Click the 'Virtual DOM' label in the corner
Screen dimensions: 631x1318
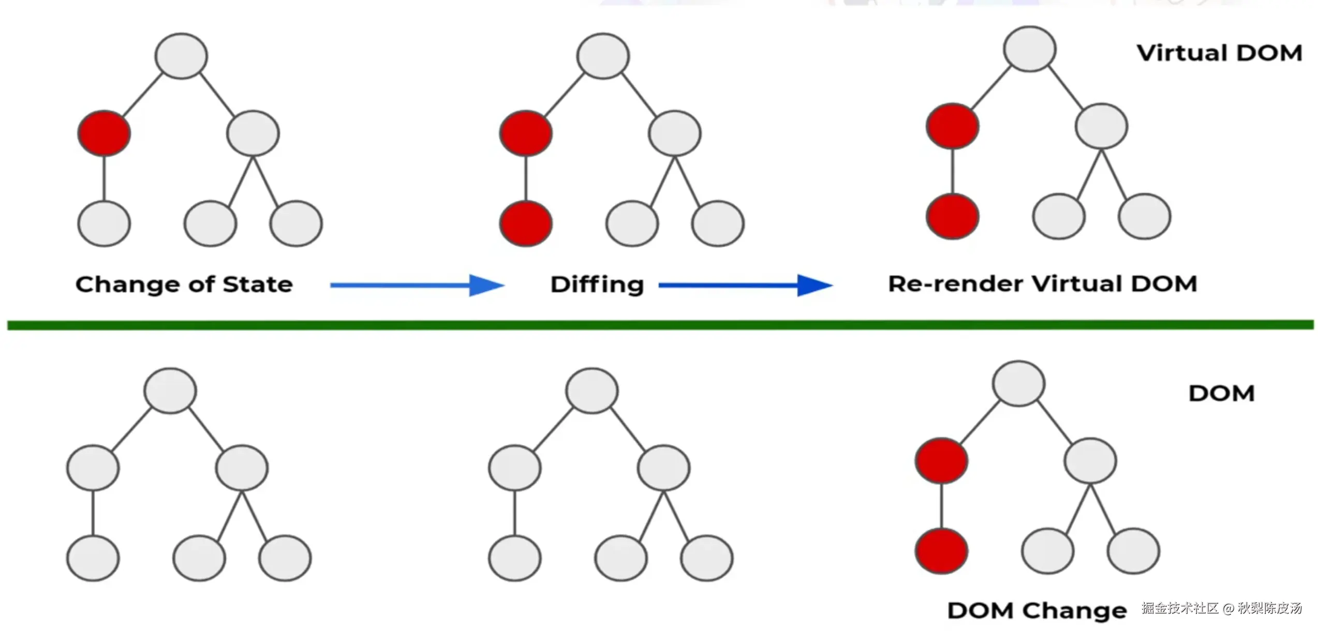click(1219, 53)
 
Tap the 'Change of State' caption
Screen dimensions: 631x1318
click(184, 284)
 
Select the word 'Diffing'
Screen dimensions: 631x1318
click(597, 284)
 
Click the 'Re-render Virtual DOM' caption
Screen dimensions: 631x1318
click(1042, 284)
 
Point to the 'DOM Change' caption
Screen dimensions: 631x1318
click(1036, 611)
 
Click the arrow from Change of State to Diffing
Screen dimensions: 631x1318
click(417, 285)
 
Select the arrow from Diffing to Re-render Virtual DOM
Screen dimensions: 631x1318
click(745, 285)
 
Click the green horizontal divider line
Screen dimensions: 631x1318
click(660, 325)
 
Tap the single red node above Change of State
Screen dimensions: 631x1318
click(104, 133)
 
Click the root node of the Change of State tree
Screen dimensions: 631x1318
click(181, 56)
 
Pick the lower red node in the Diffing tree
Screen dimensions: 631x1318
click(526, 223)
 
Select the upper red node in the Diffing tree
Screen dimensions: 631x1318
click(526, 133)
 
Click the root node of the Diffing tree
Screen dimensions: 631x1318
click(603, 56)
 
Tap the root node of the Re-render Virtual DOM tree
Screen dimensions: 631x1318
click(1029, 49)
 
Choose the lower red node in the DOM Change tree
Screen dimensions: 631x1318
click(941, 551)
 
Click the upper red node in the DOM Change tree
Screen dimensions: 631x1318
click(941, 461)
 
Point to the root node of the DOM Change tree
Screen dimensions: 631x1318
click(1018, 383)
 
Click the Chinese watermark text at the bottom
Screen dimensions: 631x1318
click(1221, 608)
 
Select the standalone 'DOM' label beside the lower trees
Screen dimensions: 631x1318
click(1221, 394)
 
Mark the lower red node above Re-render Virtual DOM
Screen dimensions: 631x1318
click(952, 216)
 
